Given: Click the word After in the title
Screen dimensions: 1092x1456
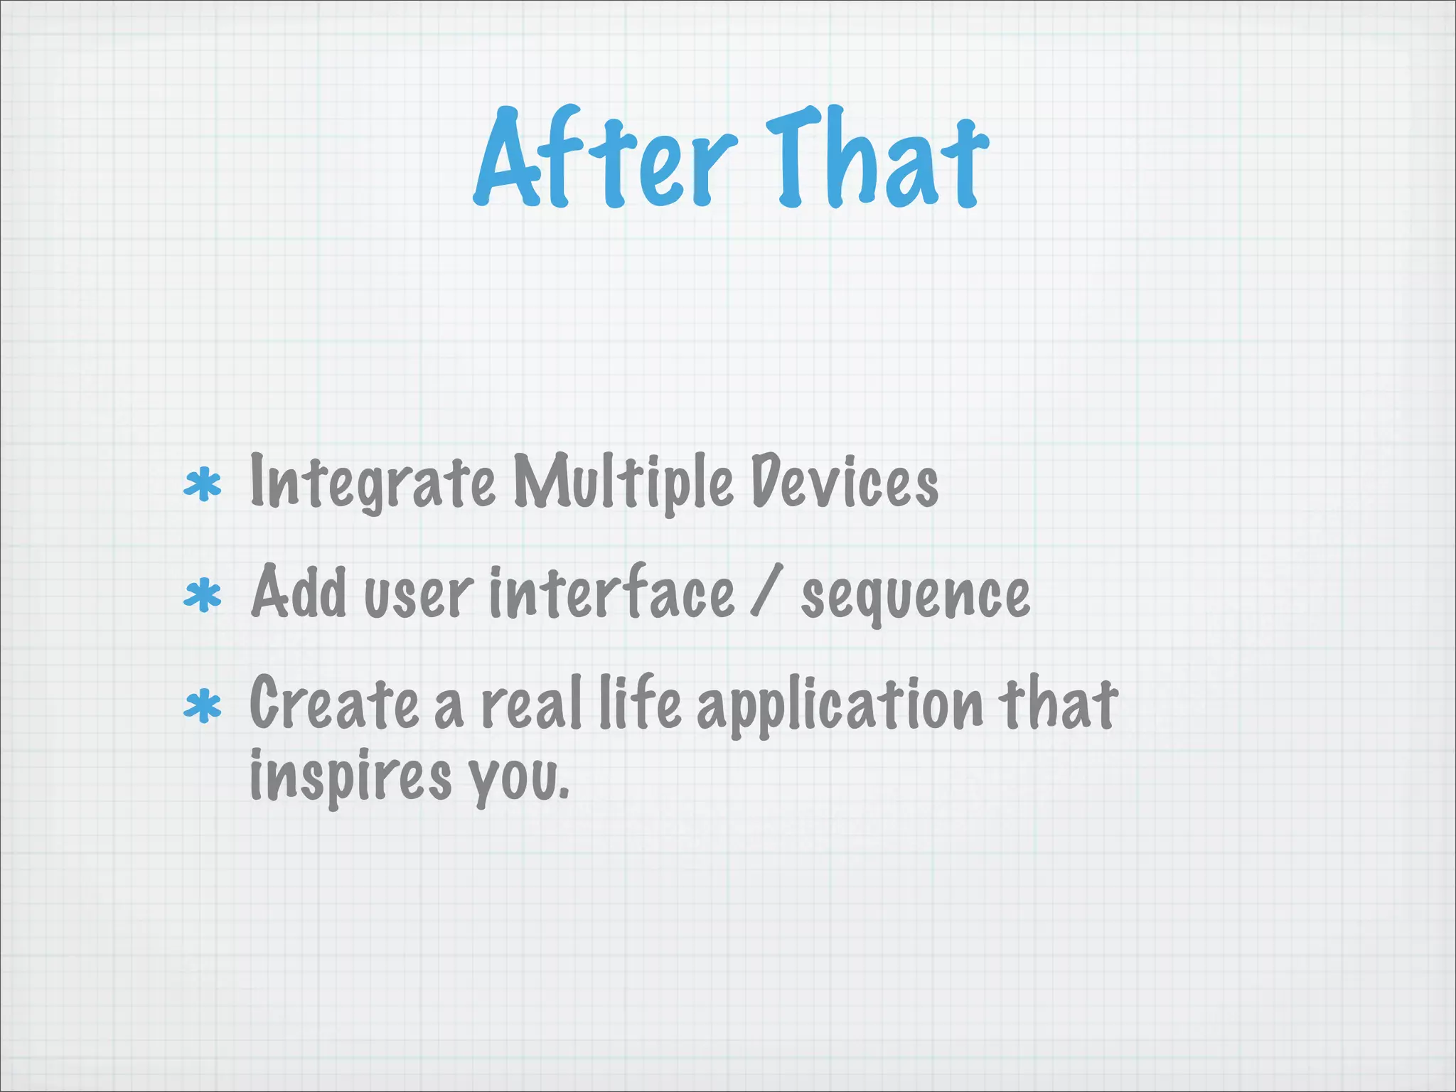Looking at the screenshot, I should tap(604, 160).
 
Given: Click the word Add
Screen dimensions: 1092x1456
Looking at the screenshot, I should tap(299, 594).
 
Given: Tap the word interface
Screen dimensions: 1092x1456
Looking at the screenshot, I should tap(611, 594).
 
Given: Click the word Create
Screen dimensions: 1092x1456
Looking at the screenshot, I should tap(334, 704).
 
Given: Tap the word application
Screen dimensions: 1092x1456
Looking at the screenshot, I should tap(839, 707).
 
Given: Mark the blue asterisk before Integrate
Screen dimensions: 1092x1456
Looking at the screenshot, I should tap(203, 485).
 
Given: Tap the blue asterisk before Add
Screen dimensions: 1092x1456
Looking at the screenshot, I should tap(203, 596).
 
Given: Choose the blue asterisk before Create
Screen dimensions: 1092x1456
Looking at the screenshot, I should tap(203, 706).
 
